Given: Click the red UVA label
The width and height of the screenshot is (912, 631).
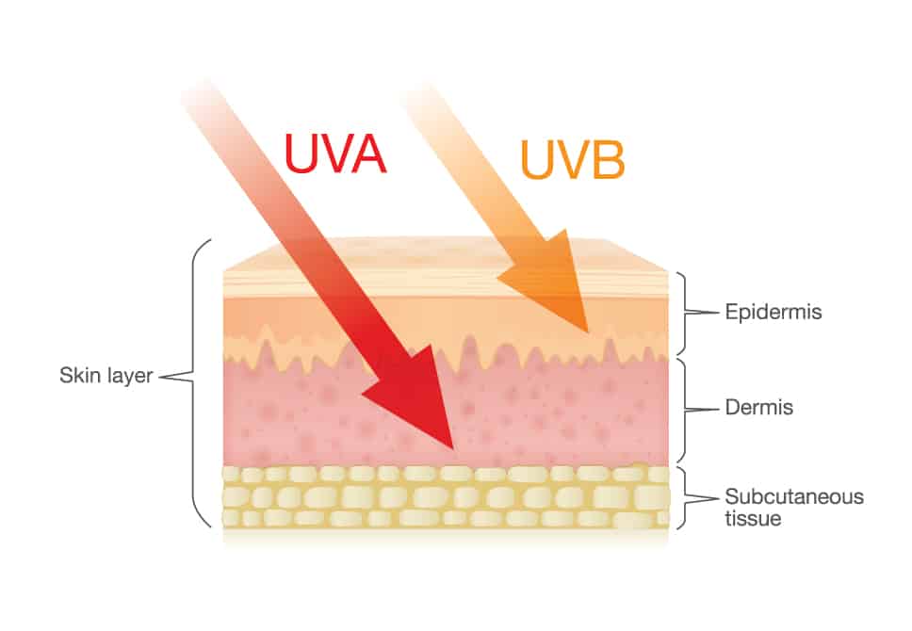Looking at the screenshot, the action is pos(335,154).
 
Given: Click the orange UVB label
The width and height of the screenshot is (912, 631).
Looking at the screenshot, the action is pos(573,159).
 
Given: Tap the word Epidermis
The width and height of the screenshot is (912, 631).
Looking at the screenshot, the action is pos(773,313).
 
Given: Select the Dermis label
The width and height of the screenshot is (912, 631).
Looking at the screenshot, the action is pos(758,407).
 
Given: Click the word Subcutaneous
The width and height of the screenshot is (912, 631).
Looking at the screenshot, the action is pos(794,496).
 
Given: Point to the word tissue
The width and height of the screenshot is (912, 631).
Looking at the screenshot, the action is pos(753,518).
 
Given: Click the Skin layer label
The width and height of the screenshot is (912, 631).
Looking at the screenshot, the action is pos(106,376).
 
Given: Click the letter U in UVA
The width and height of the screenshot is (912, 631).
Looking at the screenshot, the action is pos(299,154).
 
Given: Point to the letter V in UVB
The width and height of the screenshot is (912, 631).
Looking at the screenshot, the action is pos(572,159).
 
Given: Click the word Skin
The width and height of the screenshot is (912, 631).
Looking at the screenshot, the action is pos(80,375).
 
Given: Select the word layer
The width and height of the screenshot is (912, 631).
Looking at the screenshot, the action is pos(129,377).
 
